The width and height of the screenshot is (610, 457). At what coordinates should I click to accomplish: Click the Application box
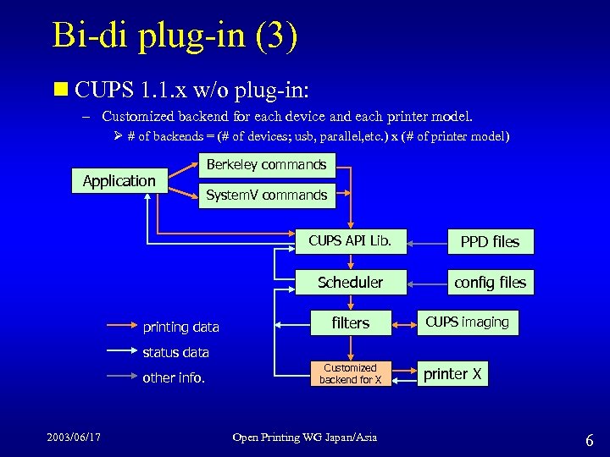(119, 180)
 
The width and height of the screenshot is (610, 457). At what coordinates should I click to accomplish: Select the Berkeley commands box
(266, 165)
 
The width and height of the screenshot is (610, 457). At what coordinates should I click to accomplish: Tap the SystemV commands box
(266, 195)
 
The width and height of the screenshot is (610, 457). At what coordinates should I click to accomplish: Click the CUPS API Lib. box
(350, 241)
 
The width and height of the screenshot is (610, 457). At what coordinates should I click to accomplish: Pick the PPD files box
(490, 242)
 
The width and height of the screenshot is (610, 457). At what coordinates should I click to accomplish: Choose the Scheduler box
(350, 282)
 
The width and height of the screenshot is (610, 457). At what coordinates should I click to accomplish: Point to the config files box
(490, 283)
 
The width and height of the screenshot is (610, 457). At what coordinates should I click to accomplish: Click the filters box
(350, 322)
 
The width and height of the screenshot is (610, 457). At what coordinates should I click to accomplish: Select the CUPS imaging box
(467, 322)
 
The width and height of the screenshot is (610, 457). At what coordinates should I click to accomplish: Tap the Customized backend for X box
(350, 373)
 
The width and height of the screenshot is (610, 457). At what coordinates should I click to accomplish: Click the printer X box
(452, 374)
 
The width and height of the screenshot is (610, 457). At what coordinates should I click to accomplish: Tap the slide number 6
(589, 439)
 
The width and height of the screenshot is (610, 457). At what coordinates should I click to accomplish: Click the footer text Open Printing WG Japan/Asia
(305, 437)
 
